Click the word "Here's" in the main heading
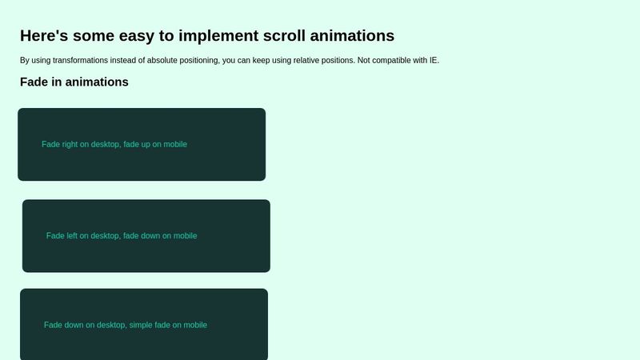pos(44,35)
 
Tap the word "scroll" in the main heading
pos(284,35)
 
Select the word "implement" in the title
pos(218,36)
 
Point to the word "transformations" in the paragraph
pos(81,61)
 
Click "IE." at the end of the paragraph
pos(434,61)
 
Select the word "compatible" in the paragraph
pos(391,61)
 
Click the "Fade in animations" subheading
pos(74,82)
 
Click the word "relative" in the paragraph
pos(306,61)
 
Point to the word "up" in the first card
pos(146,146)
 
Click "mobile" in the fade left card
pos(186,236)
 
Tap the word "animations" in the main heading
pos(352,35)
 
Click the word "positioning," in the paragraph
pos(199,61)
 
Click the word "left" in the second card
pos(72,236)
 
